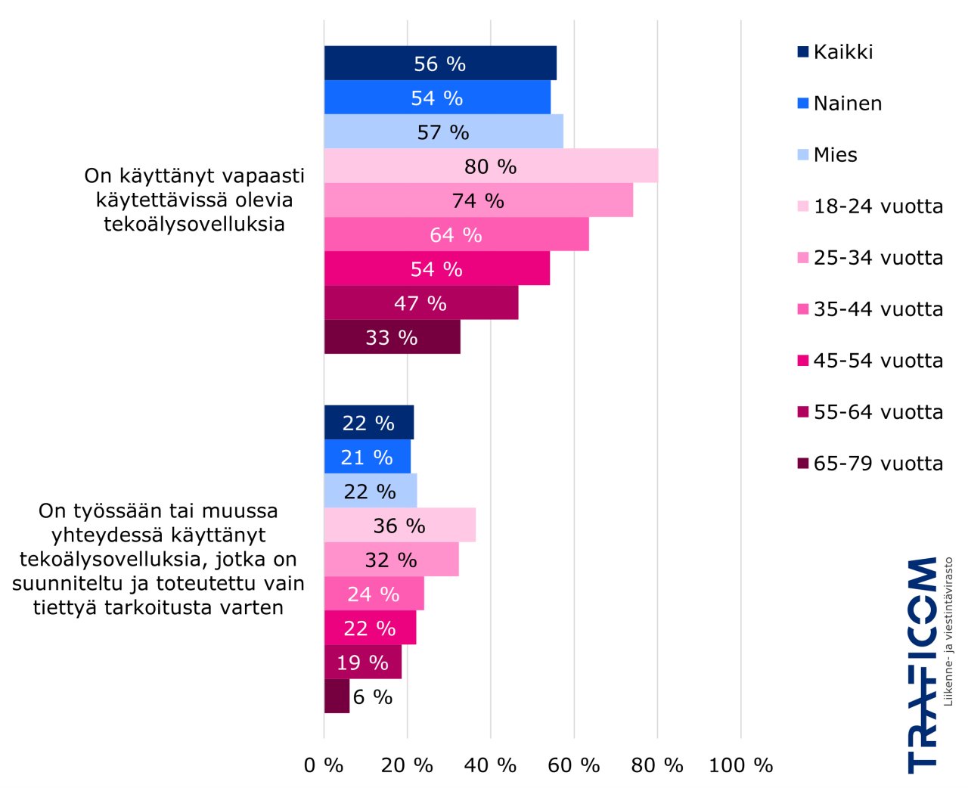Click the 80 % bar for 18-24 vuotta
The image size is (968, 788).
tap(490, 166)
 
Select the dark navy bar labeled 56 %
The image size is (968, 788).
tap(439, 64)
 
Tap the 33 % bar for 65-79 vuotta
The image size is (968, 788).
tap(392, 337)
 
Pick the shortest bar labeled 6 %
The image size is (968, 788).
tap(337, 696)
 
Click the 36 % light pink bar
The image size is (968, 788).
tap(399, 526)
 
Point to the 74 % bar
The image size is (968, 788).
tap(478, 200)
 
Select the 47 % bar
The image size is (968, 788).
tap(420, 303)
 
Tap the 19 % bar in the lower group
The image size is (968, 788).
tap(362, 662)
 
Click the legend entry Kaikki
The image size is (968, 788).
tap(842, 52)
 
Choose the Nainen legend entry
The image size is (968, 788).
tap(847, 104)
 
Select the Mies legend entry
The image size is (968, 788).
tap(835, 155)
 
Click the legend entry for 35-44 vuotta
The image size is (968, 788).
tap(878, 309)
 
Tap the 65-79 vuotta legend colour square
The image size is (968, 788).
tap(803, 464)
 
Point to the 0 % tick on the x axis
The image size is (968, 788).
tap(324, 765)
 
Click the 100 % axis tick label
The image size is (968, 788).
tap(740, 765)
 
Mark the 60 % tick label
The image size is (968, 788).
tap(573, 765)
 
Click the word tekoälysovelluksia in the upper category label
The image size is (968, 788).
tap(194, 225)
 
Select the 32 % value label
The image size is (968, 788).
tap(391, 560)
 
